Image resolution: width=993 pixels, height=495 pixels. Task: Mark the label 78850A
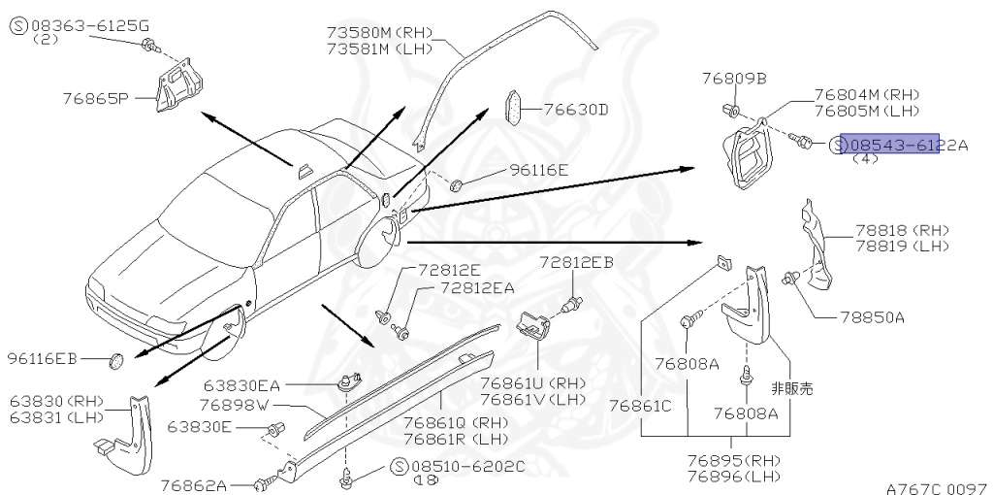click(x=872, y=317)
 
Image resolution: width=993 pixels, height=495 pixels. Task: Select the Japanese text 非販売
click(x=792, y=387)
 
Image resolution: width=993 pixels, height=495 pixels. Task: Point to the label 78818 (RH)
click(x=901, y=230)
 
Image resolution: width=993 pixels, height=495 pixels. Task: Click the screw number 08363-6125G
click(x=85, y=26)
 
